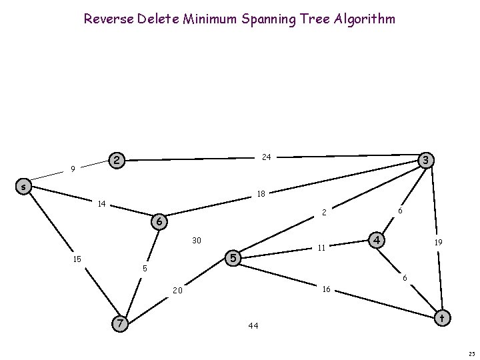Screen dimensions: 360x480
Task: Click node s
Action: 23,187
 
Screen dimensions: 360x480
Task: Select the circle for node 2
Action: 117,160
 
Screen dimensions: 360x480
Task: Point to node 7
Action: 119,323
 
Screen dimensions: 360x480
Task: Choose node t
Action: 441,319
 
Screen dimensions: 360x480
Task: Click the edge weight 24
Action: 266,157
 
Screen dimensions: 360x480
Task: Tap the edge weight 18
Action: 261,194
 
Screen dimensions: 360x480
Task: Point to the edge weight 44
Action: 253,326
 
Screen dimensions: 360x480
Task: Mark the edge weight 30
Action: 197,240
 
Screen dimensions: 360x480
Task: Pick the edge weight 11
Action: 321,248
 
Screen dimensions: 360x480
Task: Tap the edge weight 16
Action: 327,289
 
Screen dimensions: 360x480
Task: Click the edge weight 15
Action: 77,259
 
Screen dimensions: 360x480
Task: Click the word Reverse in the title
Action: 107,19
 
